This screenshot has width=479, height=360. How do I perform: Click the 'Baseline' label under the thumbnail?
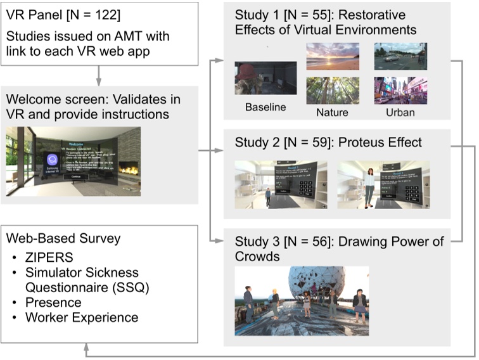265,108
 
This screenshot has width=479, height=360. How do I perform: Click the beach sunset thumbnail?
333,56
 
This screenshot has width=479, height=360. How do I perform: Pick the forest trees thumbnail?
333,90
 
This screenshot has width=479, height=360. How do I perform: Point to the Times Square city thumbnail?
400,90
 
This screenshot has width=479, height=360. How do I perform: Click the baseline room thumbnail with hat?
265,78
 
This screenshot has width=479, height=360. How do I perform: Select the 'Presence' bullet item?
53,302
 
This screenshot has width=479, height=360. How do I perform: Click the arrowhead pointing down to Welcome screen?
98,82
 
